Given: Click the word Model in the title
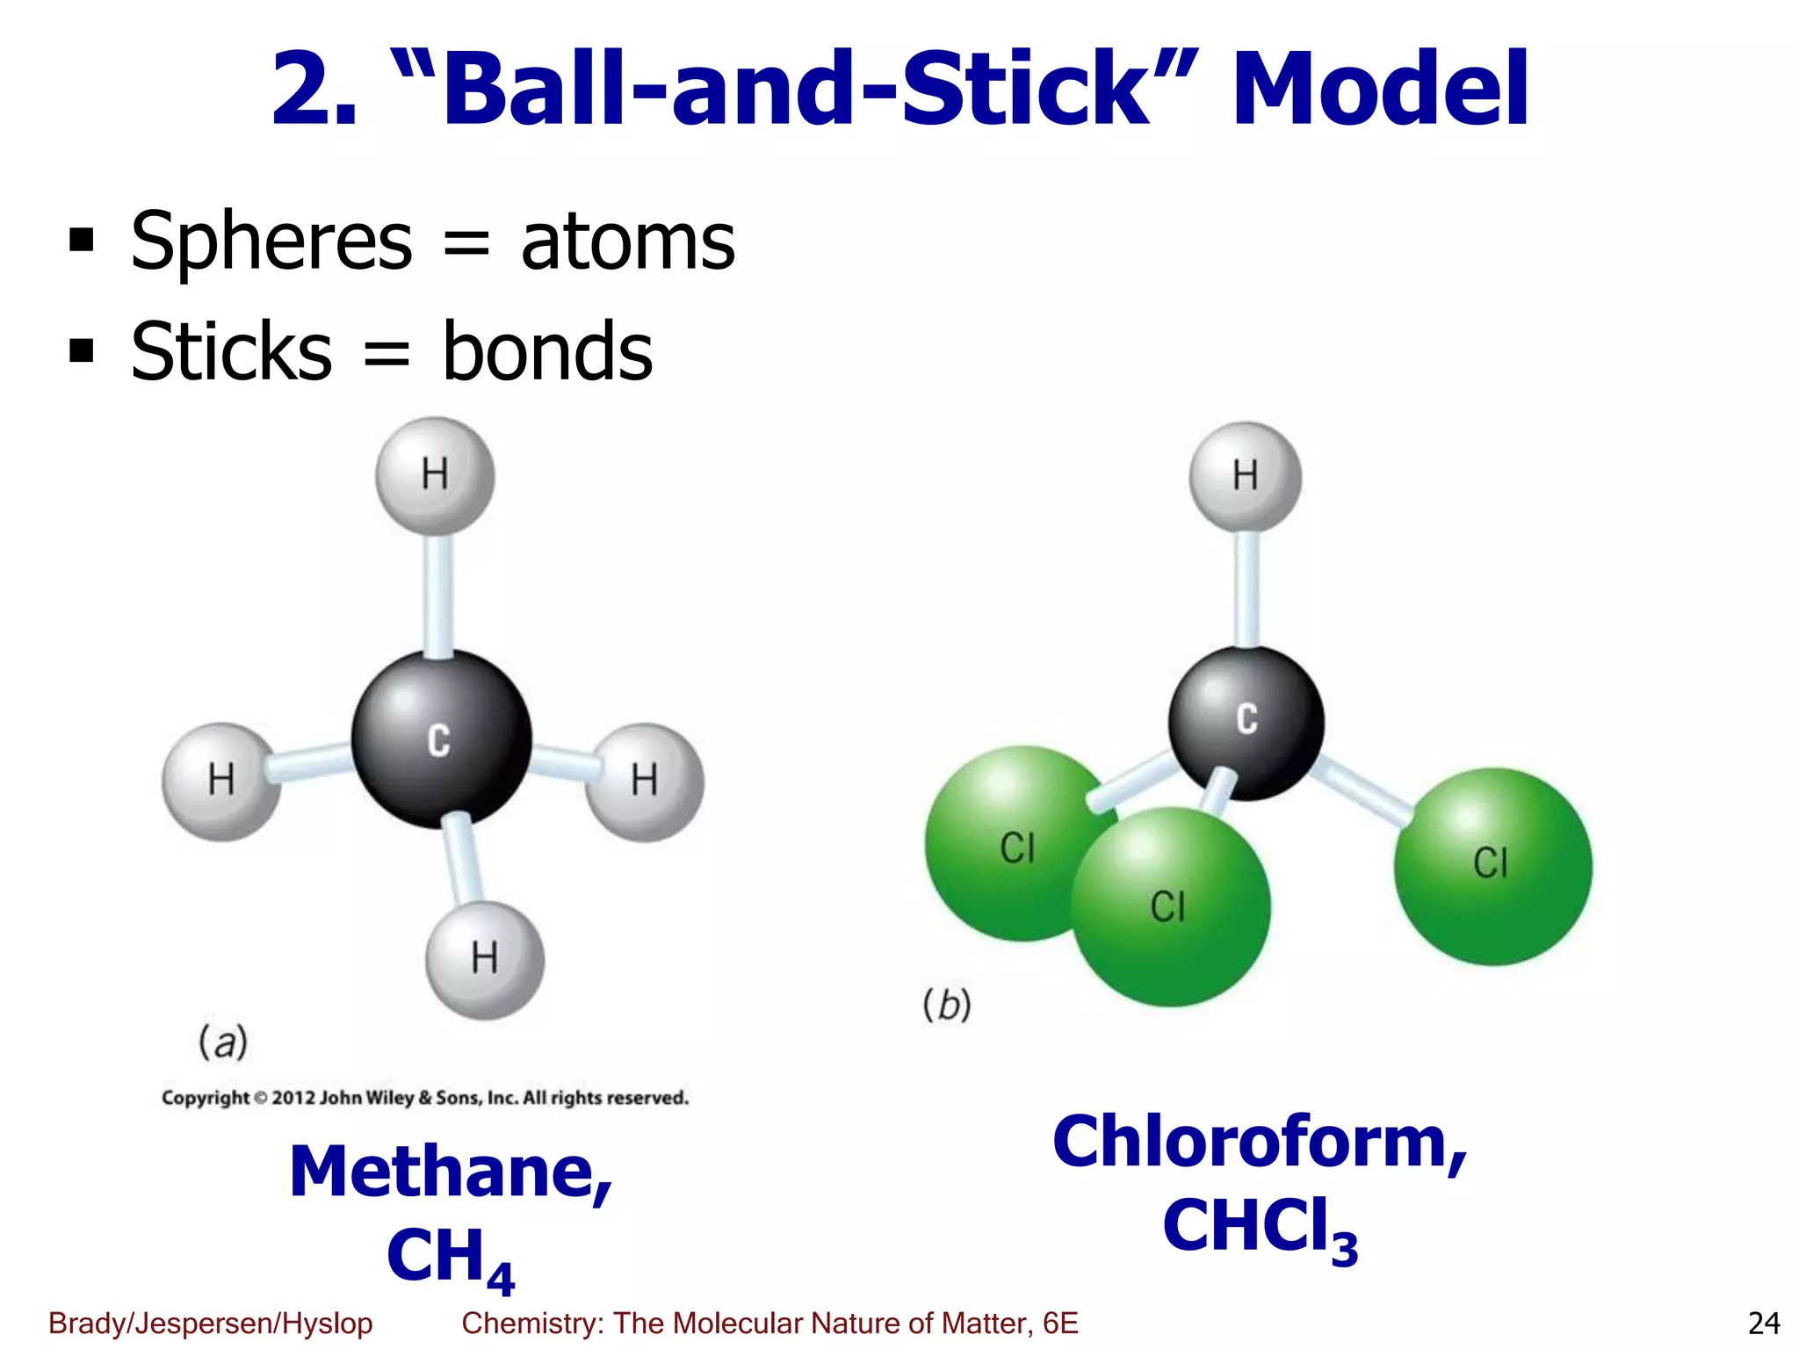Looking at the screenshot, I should tap(1380, 90).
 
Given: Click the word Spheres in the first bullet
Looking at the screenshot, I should tap(271, 242).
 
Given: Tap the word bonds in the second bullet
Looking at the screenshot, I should tap(547, 351).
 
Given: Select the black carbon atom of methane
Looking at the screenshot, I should tap(441, 739).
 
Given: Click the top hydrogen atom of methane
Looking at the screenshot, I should tap(435, 475).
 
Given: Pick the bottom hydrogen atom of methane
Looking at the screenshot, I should tap(485, 959).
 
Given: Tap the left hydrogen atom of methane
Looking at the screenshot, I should tap(220, 781).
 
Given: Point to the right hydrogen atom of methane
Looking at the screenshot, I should tap(645, 781).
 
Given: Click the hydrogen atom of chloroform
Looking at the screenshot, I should tap(1245, 476).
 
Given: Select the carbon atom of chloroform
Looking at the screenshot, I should tap(1246, 722).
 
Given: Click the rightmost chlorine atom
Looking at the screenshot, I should tap(1492, 866).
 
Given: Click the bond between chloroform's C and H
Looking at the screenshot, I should tap(1246, 588).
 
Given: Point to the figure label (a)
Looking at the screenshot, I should tap(223, 1042).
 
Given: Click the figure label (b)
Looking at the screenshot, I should tap(947, 1005).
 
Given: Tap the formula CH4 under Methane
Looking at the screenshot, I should tap(450, 1257).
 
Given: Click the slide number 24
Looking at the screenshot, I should tap(1763, 1323).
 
